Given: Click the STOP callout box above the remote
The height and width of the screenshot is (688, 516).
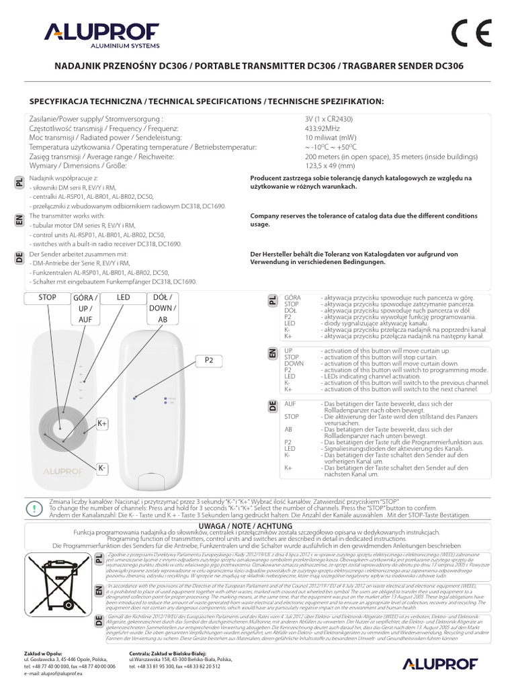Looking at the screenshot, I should (47, 296).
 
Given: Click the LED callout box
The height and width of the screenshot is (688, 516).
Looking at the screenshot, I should (123, 296).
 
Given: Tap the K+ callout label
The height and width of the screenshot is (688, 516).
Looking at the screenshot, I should (103, 423).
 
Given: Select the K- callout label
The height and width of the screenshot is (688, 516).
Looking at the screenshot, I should (103, 468).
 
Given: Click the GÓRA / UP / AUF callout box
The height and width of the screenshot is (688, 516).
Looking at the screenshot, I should (85, 308).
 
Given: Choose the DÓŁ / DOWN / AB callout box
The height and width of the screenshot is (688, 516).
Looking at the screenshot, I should (161, 308).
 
